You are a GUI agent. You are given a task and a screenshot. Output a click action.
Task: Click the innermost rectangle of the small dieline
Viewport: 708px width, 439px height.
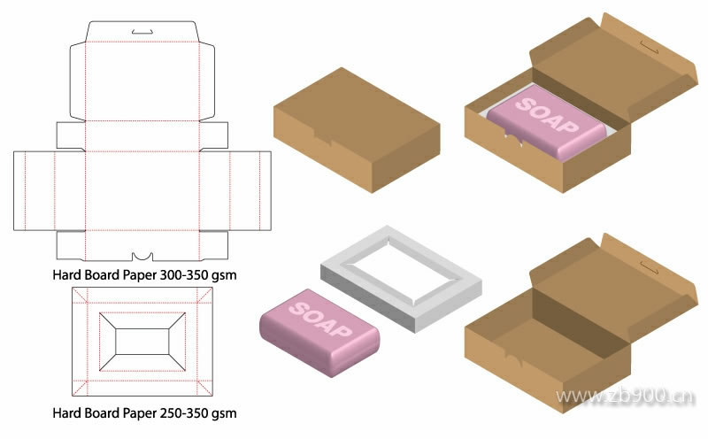point(142,341)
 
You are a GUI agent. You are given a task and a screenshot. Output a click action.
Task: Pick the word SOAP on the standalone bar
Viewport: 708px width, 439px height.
point(319,315)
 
